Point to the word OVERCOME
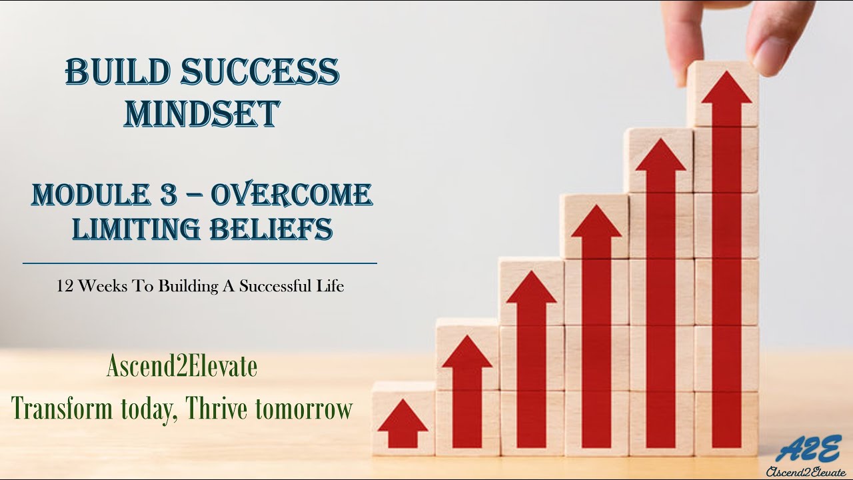pyautogui.click(x=291, y=195)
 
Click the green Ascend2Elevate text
pyautogui.click(x=181, y=367)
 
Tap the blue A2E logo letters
pyautogui.click(x=808, y=449)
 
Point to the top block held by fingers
pyautogui.click(x=723, y=93)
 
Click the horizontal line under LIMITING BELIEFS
pyautogui.click(x=200, y=263)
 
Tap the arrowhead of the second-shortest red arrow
pyautogui.click(x=466, y=354)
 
